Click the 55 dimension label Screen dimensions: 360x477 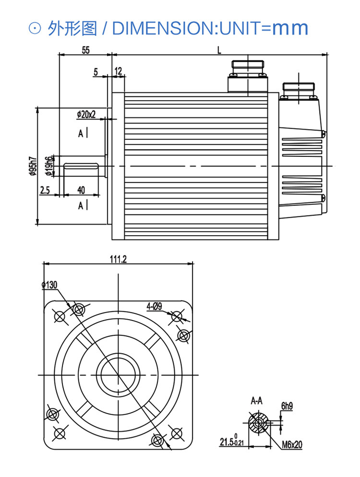click(86, 50)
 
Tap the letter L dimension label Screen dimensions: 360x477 click(219, 50)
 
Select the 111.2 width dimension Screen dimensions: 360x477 click(119, 259)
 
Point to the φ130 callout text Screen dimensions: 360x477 click(49, 285)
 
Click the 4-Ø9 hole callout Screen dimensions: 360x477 click(154, 306)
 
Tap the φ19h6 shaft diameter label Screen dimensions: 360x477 click(48, 167)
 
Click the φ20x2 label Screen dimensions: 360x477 click(86, 114)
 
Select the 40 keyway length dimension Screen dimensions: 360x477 click(81, 190)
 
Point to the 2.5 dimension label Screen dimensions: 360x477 click(45, 190)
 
